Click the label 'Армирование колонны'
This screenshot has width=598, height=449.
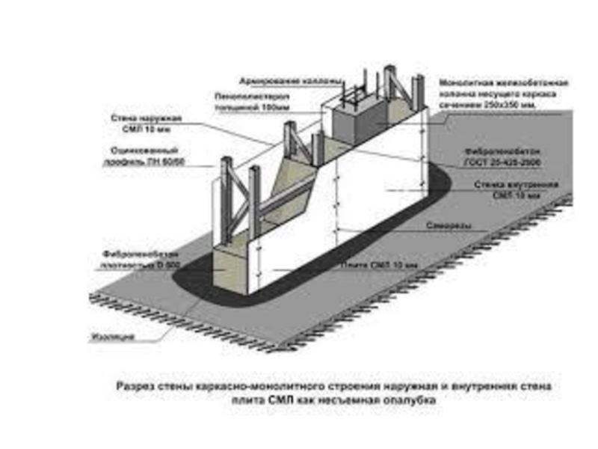(292, 80)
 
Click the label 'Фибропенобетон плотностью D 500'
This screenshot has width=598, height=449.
(138, 259)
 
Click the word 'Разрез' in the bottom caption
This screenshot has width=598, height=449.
(134, 387)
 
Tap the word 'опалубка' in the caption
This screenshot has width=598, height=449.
(407, 401)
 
